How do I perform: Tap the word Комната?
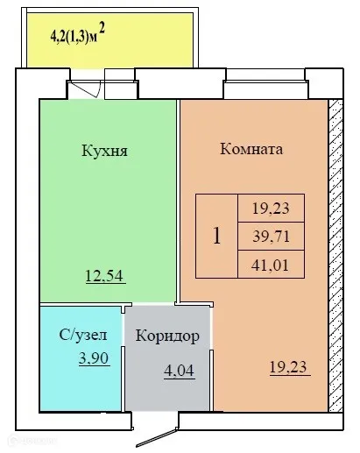point(251,149)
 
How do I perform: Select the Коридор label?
point(170,336)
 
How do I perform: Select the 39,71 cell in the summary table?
point(272,236)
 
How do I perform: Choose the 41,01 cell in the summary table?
point(272,263)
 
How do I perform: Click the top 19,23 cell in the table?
point(272,208)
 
